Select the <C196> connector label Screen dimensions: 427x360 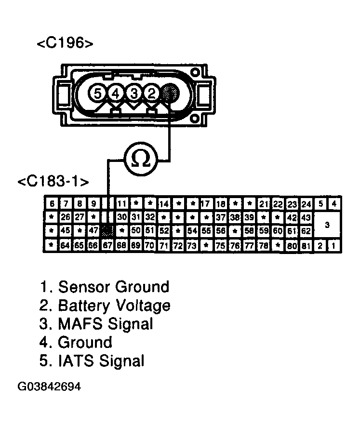click(65, 43)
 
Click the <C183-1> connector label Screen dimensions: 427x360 click(53, 182)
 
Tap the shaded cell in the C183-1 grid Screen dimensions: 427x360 click(108, 231)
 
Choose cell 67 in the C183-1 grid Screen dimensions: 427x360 click(108, 245)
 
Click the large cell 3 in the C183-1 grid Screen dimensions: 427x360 click(327, 225)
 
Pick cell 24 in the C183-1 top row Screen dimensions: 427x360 click(306, 204)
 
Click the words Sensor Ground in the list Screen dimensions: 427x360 click(114, 287)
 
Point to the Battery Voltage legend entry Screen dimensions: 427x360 click(114, 306)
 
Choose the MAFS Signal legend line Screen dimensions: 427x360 click(105, 324)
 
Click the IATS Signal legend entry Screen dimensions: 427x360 click(101, 360)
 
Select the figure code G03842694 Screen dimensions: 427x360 click(50, 387)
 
